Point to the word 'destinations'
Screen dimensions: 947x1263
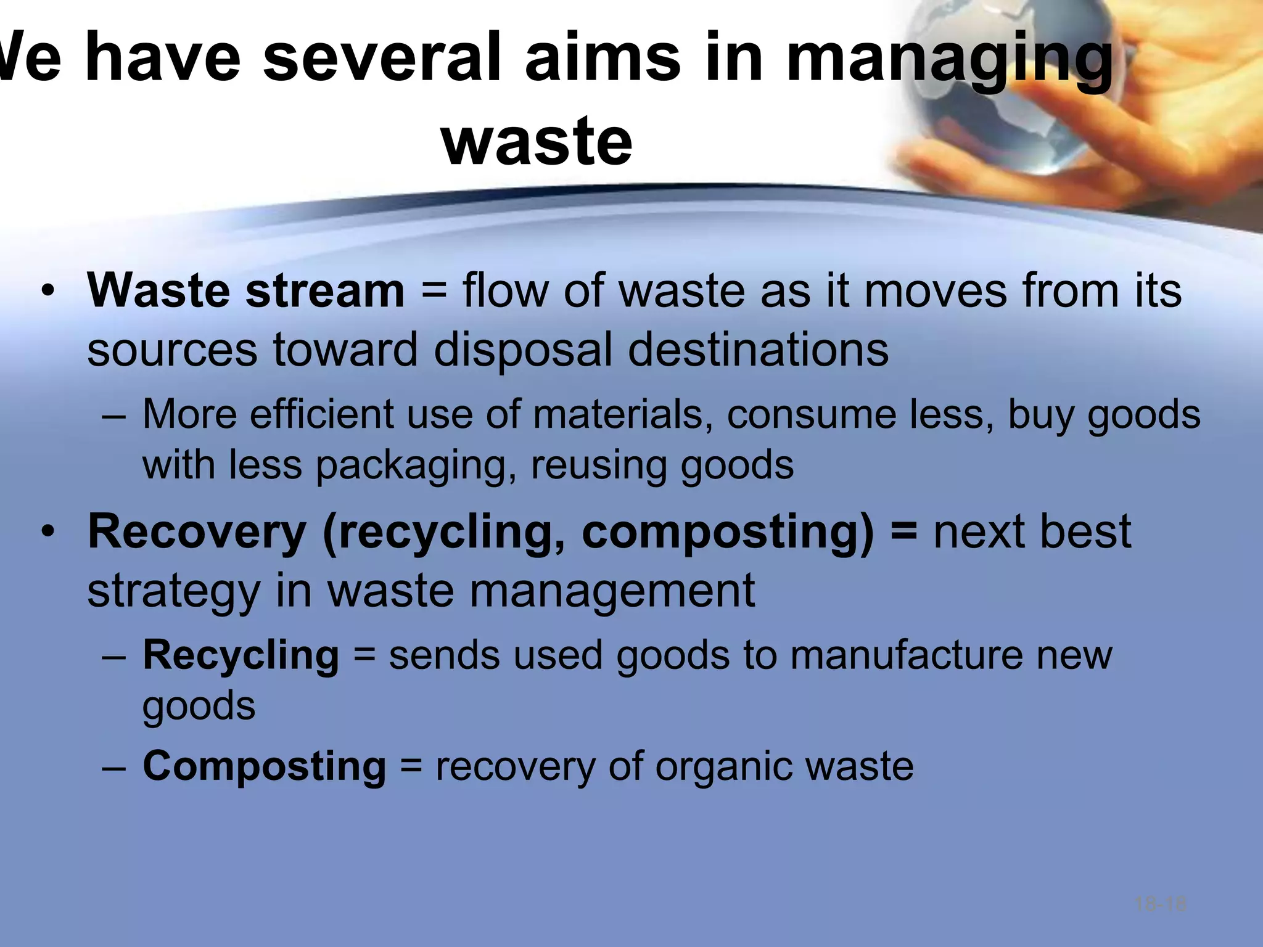coord(758,350)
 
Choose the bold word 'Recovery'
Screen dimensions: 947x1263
coord(197,531)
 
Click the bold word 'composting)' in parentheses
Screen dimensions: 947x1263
coord(727,531)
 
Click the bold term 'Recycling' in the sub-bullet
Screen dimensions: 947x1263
coord(241,655)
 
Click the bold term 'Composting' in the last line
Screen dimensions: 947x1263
coord(264,766)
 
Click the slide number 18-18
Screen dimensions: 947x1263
coord(1160,904)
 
